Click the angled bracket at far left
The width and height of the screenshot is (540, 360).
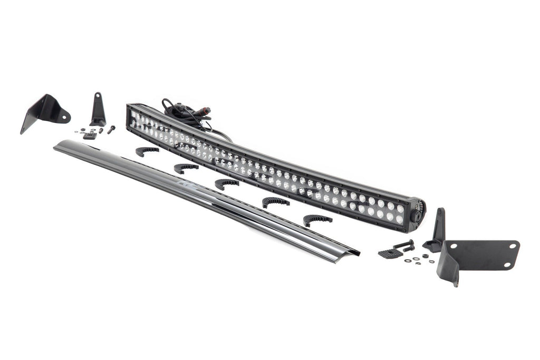(x=45, y=110)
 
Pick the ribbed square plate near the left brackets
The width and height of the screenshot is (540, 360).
(x=90, y=135)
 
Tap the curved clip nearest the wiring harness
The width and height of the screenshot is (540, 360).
(x=146, y=151)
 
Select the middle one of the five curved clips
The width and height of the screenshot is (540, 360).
(x=226, y=183)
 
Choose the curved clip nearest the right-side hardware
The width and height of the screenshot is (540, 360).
(x=317, y=219)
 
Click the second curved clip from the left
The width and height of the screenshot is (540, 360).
(x=186, y=168)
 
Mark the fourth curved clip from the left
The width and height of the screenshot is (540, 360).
(x=275, y=201)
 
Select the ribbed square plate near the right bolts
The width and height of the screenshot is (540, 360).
(x=390, y=253)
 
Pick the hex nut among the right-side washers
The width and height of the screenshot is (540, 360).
(x=425, y=256)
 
